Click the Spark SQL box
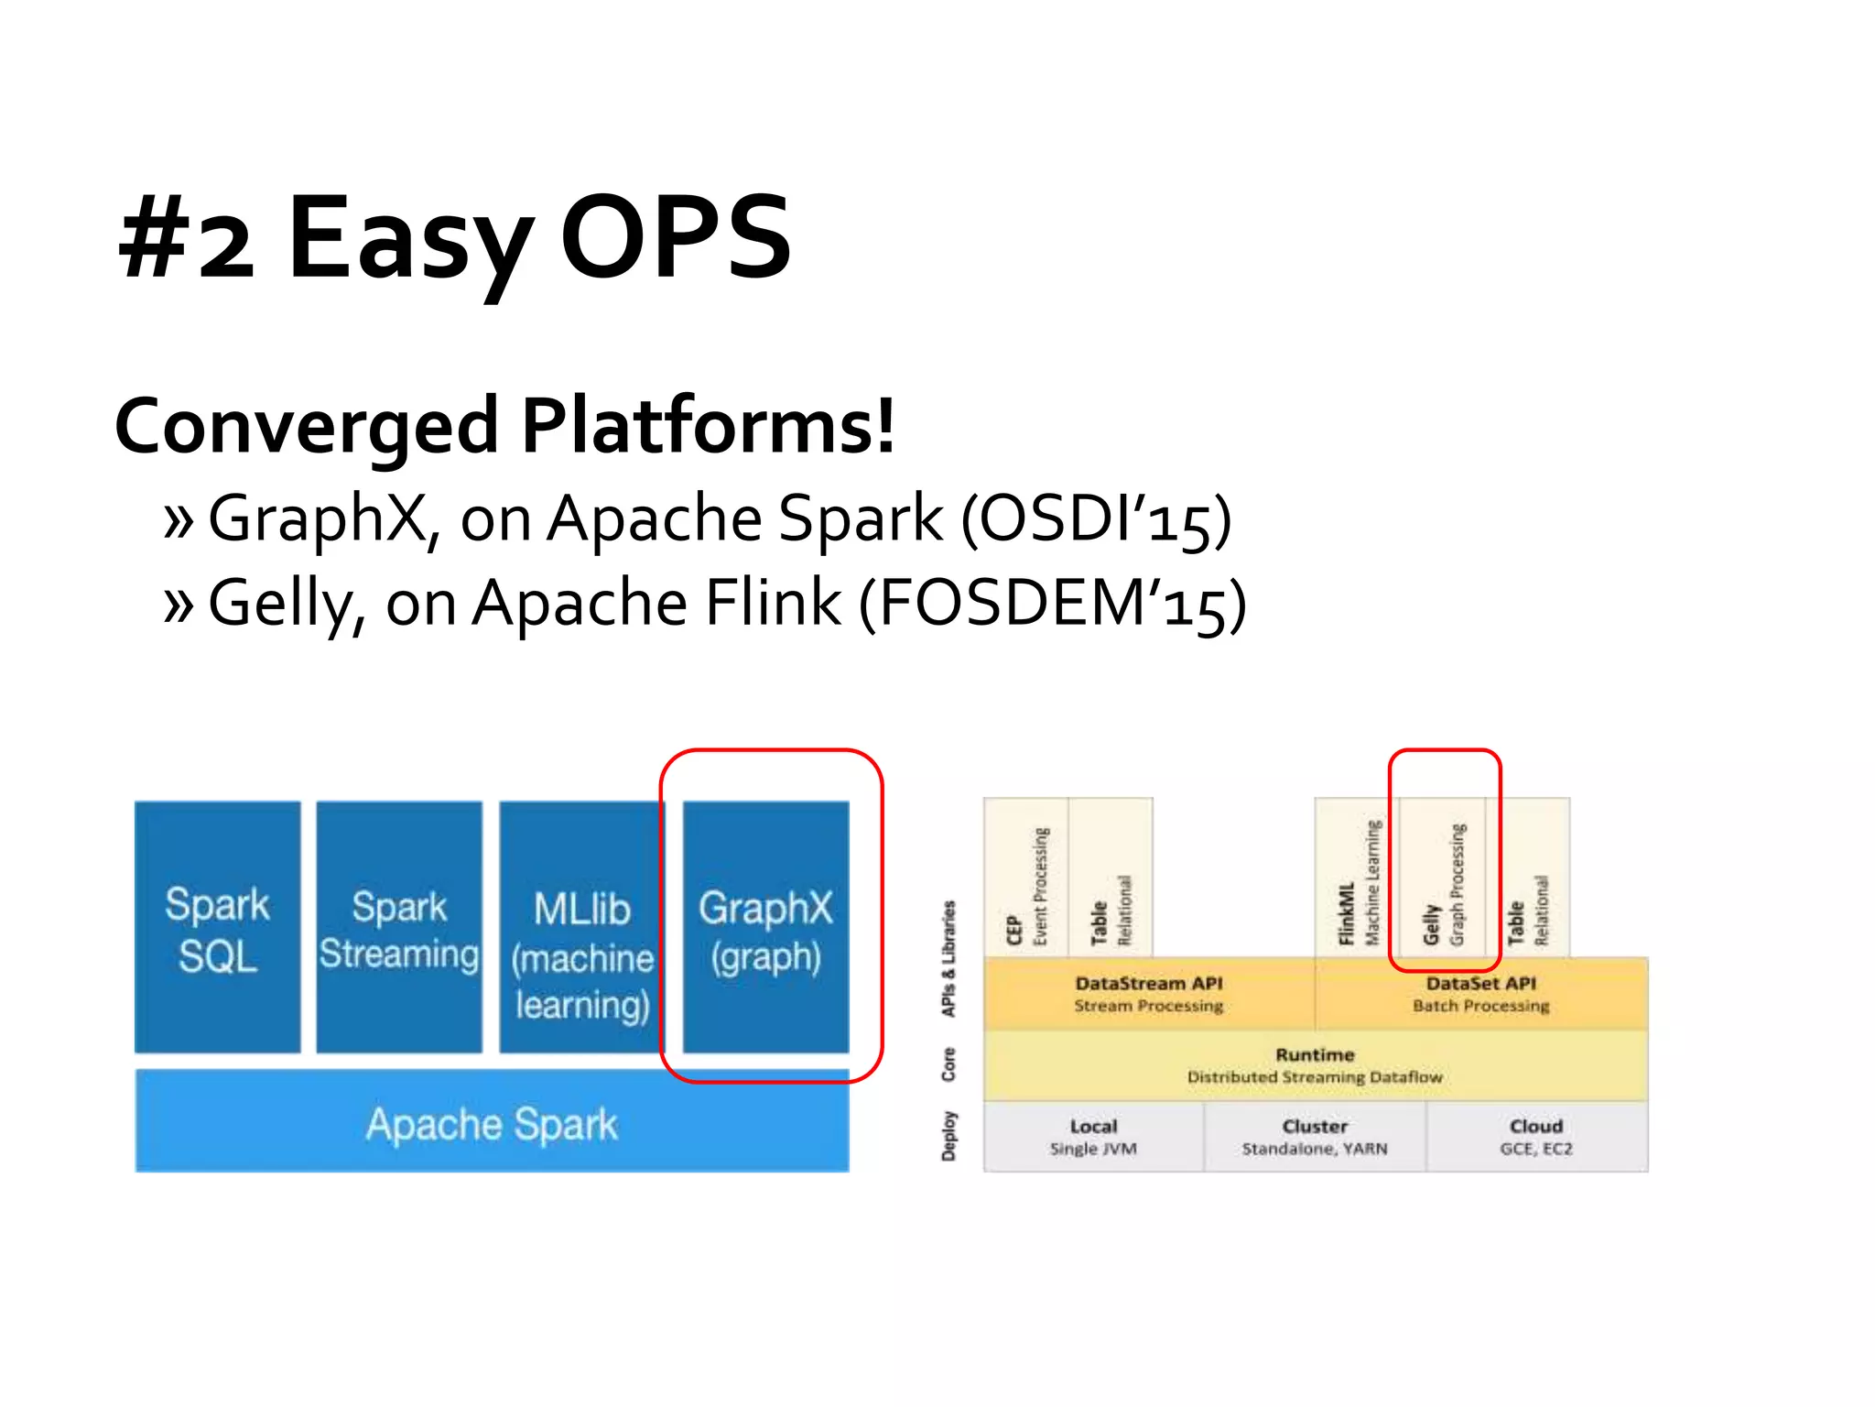point(217,927)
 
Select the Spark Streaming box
point(399,927)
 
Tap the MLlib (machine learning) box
point(581,927)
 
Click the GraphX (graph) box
point(765,927)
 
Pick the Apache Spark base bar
point(492,1123)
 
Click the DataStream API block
point(1149,994)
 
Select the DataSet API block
point(1480,994)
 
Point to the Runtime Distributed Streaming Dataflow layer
point(1315,1065)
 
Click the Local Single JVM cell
point(1093,1137)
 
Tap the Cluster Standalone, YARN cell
point(1315,1137)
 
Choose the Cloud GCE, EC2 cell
point(1536,1137)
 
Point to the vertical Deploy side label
point(948,1137)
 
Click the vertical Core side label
point(948,1065)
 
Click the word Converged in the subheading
point(306,426)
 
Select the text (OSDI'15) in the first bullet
point(1096,520)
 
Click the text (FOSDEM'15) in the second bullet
point(1053,605)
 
